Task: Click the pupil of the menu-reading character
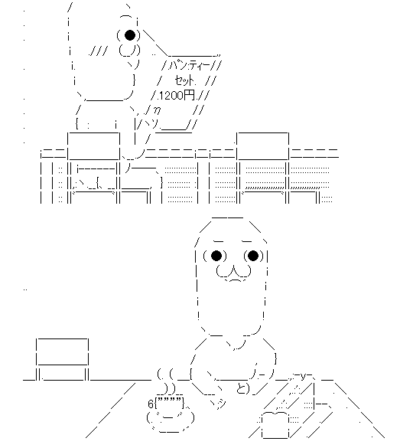pyautogui.click(x=130, y=35)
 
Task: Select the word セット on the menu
pyautogui.click(x=184, y=81)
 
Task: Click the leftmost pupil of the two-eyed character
pyautogui.click(x=216, y=256)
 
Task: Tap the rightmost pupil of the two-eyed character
pyautogui.click(x=253, y=256)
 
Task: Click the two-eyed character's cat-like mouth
pyautogui.click(x=234, y=273)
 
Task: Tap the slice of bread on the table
pyautogui.click(x=276, y=424)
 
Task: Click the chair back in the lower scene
pyautogui.click(x=62, y=352)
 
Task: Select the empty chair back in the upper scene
pyautogui.click(x=263, y=146)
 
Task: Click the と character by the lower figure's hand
pyautogui.click(x=242, y=388)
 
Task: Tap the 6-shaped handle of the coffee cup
pyautogui.click(x=151, y=404)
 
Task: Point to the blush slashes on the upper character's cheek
pyautogui.click(x=98, y=51)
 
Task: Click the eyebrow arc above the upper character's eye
pyautogui.click(x=126, y=16)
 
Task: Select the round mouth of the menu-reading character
pyautogui.click(x=129, y=51)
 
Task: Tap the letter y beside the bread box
pyautogui.click(x=303, y=378)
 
